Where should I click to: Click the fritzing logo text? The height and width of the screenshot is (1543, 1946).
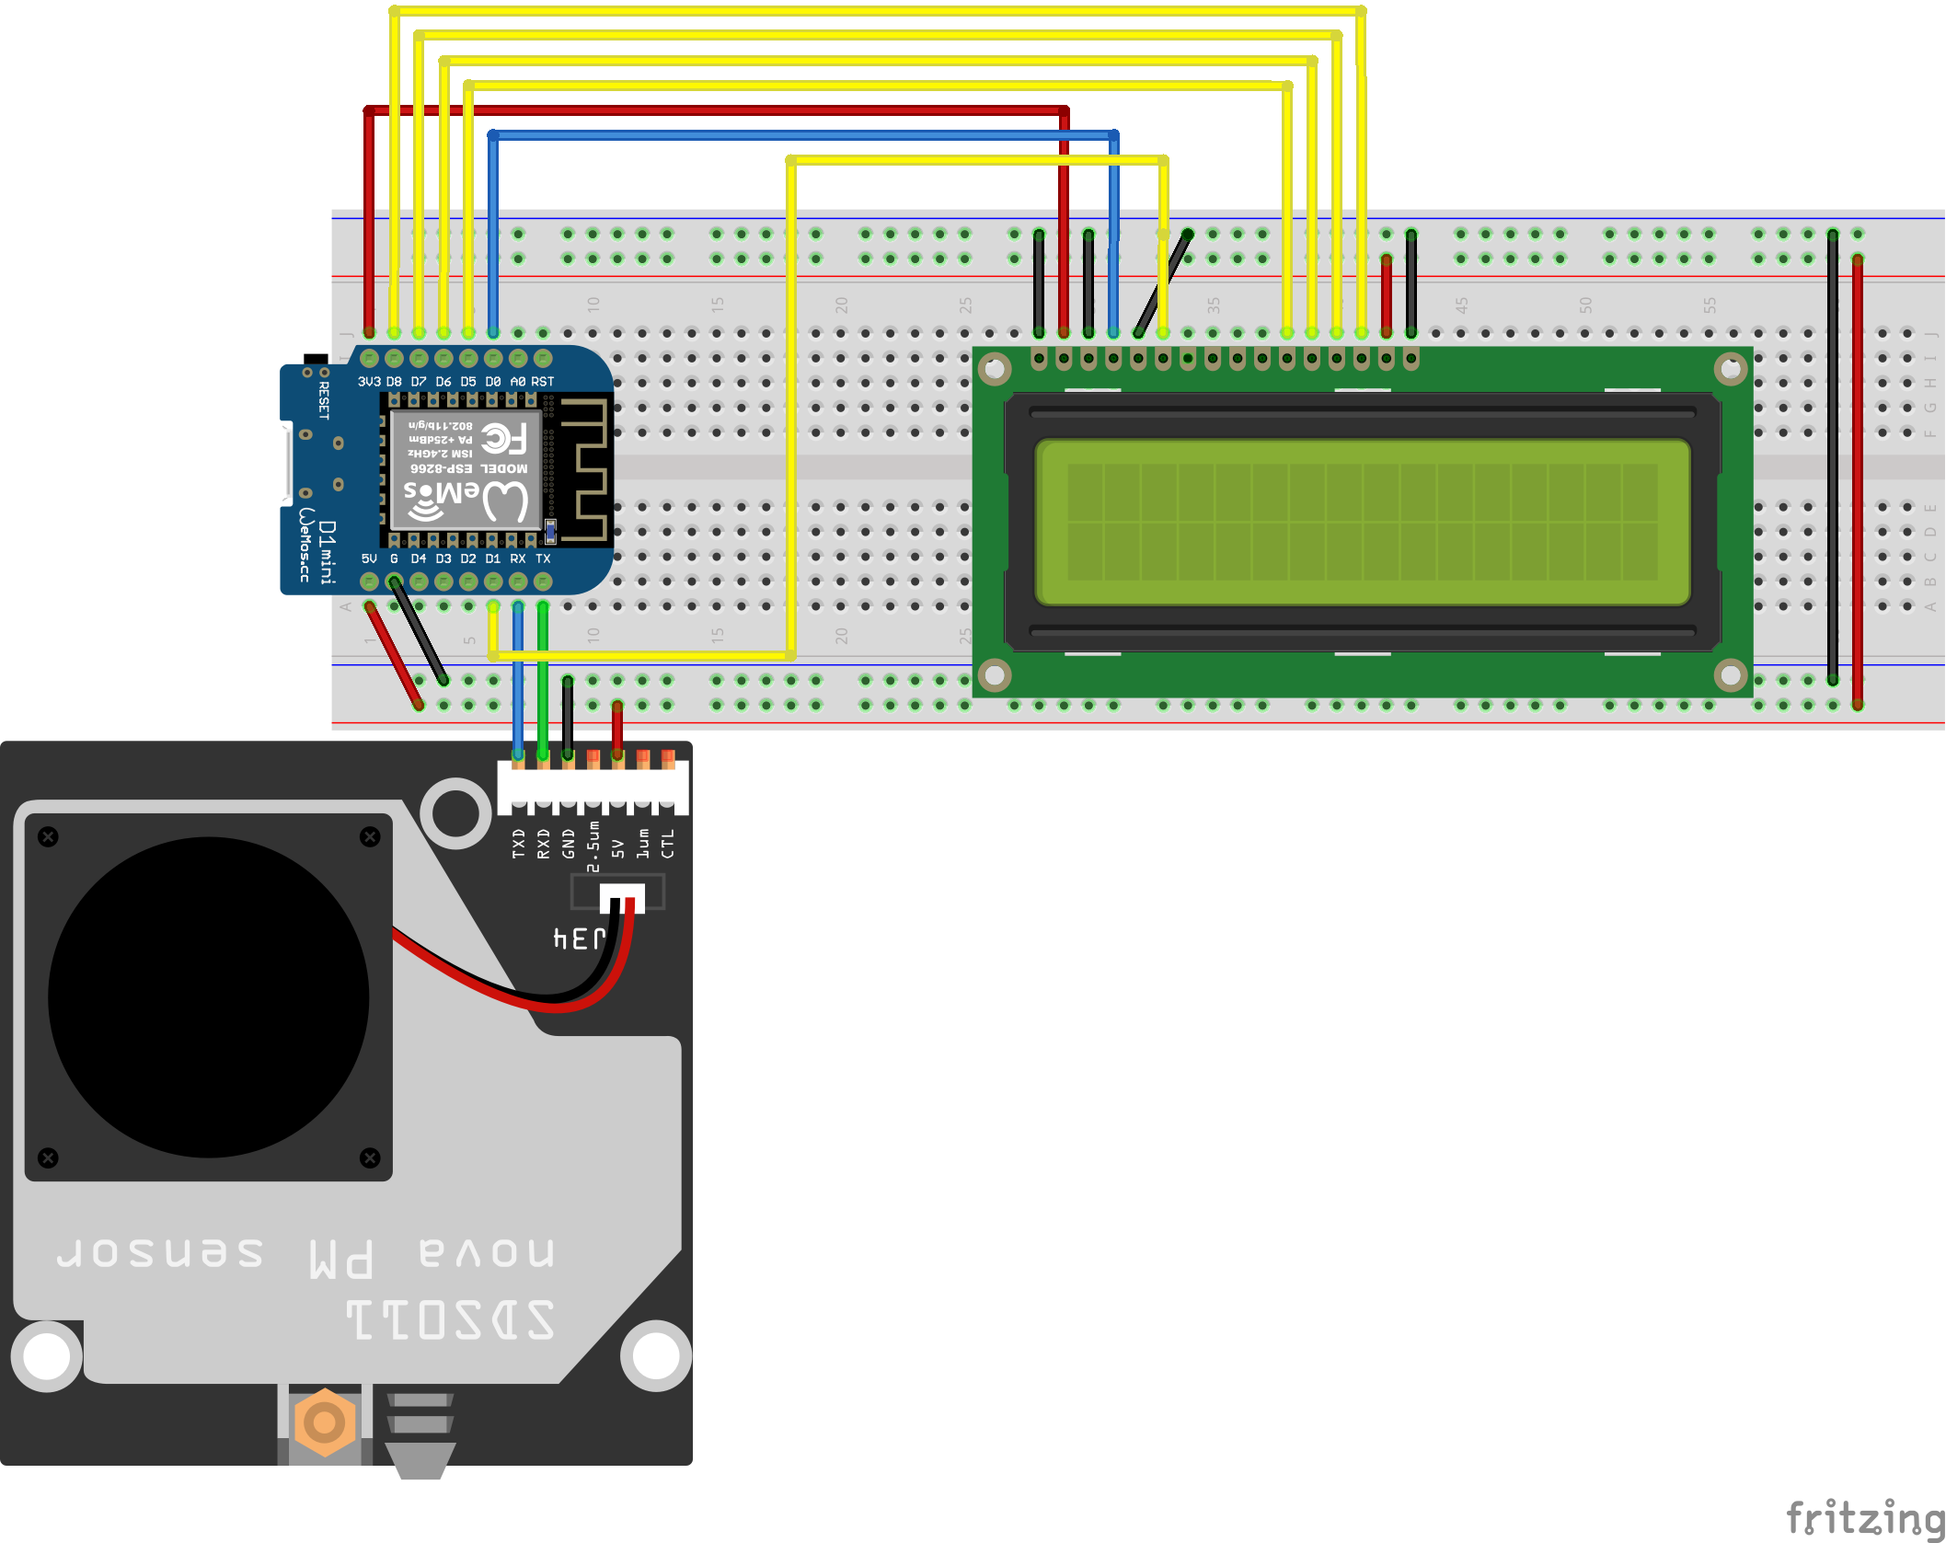(1864, 1517)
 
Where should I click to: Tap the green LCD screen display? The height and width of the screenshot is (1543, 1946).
(1363, 522)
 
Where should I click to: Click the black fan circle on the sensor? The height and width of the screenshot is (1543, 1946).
(209, 996)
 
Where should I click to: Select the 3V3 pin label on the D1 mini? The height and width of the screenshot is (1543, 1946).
(369, 381)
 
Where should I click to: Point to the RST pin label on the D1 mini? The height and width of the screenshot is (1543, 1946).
(543, 381)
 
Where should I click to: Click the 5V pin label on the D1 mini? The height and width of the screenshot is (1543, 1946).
(369, 558)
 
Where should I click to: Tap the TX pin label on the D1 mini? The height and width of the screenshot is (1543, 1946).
(543, 558)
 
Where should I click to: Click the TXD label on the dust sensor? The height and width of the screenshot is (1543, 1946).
(519, 843)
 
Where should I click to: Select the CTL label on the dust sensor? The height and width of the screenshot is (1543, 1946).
(668, 843)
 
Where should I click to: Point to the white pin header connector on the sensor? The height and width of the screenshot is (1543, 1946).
(593, 787)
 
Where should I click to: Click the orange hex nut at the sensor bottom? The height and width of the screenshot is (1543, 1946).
(324, 1422)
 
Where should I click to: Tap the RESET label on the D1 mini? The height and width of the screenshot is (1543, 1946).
(324, 400)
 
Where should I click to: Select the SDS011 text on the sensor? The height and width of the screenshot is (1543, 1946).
(451, 1319)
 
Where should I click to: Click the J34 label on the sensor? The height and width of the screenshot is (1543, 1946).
(580, 938)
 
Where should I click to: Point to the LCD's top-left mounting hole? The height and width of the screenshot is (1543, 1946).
(995, 370)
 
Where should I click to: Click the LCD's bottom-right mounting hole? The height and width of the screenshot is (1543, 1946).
(1731, 675)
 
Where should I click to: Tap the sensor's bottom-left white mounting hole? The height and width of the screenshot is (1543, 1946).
(46, 1356)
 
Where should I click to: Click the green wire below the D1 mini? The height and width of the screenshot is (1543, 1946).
(543, 681)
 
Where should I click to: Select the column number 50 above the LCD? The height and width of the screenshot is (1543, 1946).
(1585, 305)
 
